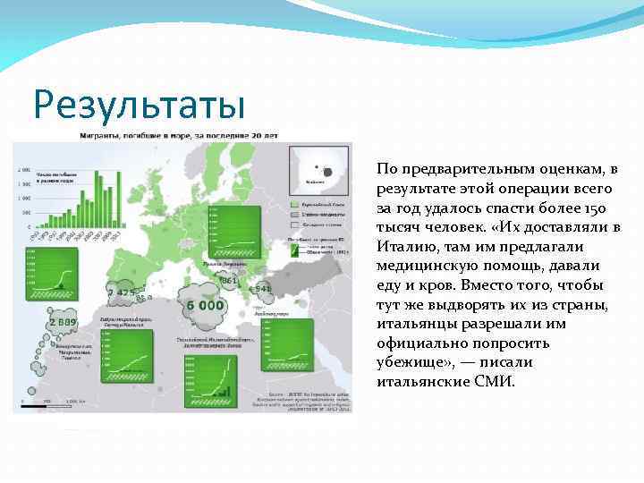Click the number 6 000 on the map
tap(205, 304)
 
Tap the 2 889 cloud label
tap(64, 321)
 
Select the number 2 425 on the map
tap(121, 292)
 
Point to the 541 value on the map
tap(262, 289)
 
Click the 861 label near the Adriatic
tap(229, 281)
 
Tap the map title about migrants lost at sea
tap(179, 135)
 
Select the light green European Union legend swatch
tap(294, 205)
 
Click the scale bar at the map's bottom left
tap(58, 401)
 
